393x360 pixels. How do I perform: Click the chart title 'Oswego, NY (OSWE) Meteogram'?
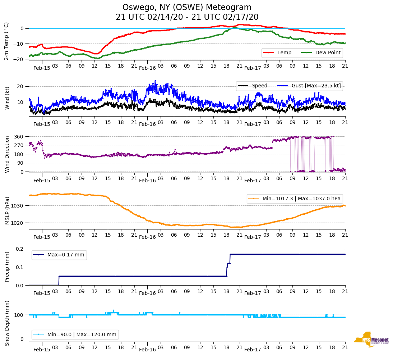187,8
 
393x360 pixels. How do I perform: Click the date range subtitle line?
187,17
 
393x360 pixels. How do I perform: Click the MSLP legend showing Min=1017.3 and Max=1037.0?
295,199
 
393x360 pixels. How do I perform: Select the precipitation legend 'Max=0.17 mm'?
60,255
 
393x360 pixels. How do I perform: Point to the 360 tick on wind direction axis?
19,137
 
